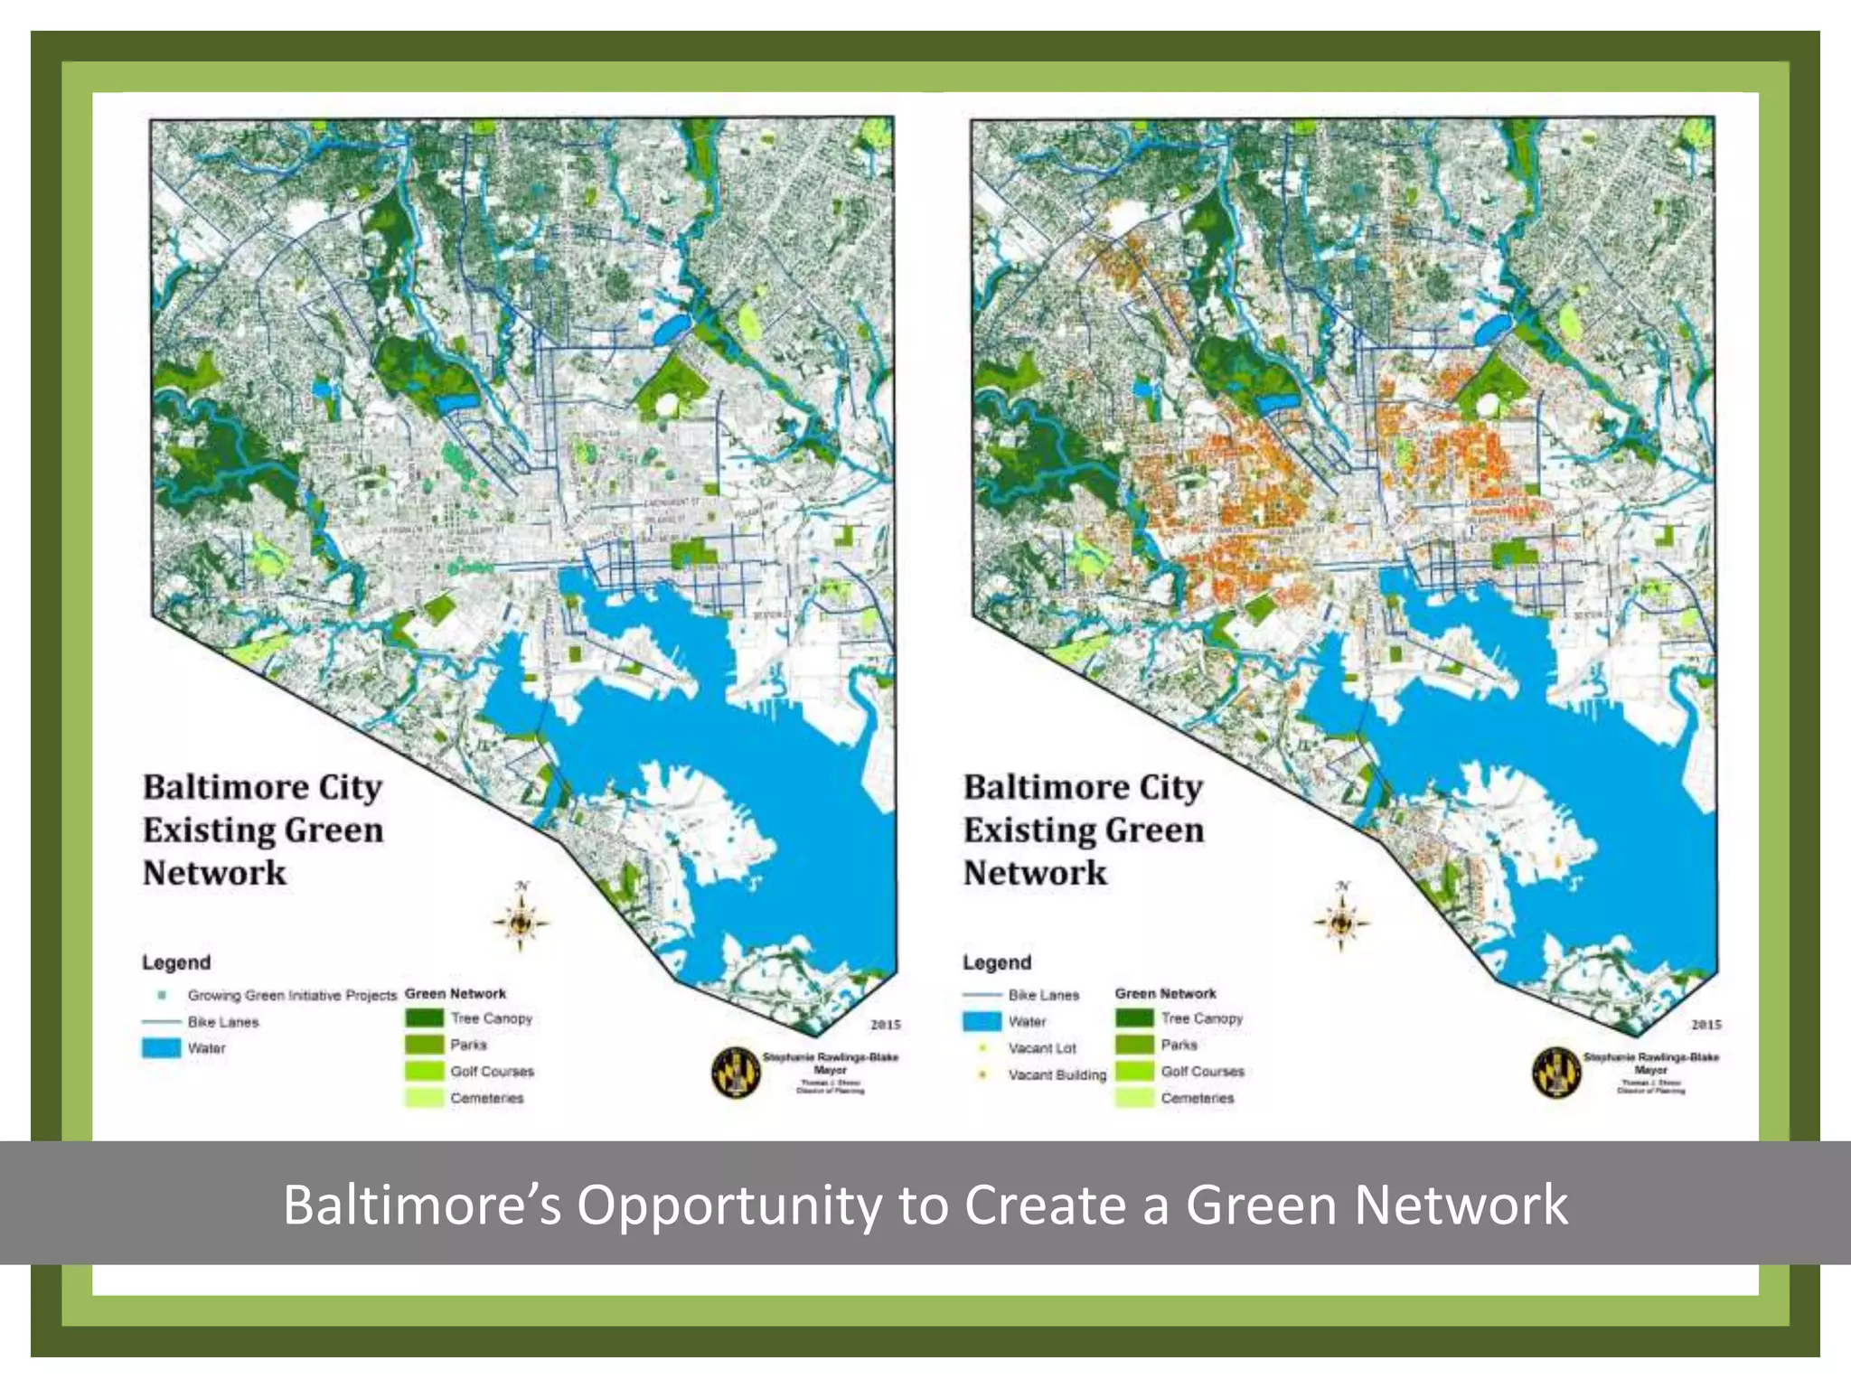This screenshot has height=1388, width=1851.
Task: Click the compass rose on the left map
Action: click(521, 921)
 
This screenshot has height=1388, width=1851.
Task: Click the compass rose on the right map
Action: click(1341, 921)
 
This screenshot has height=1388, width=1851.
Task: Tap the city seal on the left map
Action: click(736, 1074)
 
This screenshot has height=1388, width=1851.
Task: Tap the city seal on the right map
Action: click(1556, 1074)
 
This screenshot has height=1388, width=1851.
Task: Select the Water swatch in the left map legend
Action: click(161, 1048)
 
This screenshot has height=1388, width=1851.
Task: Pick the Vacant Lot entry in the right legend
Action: click(1042, 1048)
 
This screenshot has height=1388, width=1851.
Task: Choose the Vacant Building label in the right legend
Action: click(1057, 1074)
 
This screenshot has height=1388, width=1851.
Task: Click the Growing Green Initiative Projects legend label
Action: click(292, 995)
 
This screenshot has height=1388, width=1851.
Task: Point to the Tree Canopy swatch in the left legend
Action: click(424, 1018)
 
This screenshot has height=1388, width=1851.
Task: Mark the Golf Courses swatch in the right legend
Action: click(1134, 1072)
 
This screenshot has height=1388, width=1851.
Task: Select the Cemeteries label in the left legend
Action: click(486, 1098)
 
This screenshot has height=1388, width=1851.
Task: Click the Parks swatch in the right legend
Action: click(1134, 1045)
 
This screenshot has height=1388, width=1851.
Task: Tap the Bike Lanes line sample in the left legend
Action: click(161, 1022)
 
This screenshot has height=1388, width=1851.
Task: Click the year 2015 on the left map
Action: click(885, 1025)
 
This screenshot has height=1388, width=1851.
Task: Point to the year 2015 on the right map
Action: click(1705, 1025)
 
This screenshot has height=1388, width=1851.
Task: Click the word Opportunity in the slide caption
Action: click(728, 1205)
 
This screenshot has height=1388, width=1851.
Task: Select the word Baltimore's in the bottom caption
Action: click(422, 1205)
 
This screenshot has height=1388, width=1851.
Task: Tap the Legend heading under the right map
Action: click(996, 962)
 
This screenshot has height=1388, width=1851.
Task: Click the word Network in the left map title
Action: click(214, 873)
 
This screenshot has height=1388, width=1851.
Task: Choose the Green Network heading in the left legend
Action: click(456, 993)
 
